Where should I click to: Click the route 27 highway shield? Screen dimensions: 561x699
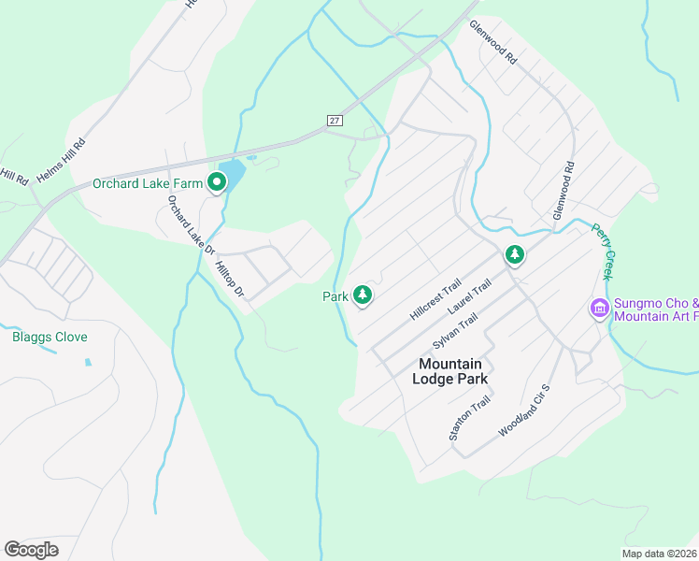click(334, 121)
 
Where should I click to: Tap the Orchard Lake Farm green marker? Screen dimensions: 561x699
click(217, 182)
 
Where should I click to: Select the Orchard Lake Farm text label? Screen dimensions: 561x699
click(147, 183)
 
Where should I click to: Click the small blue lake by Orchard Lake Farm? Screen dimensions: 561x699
click(234, 173)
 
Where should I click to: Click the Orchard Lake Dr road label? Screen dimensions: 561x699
click(191, 225)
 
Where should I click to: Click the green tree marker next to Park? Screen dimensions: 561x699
click(363, 295)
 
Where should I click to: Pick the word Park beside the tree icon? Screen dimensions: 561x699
click(335, 296)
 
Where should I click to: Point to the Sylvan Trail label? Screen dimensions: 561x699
click(455, 333)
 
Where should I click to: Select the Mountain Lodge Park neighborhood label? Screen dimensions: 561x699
click(449, 371)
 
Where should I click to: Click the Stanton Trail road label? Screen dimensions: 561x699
click(469, 418)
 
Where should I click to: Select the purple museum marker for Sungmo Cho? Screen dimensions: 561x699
click(599, 308)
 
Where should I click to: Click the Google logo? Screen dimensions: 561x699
click(31, 550)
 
